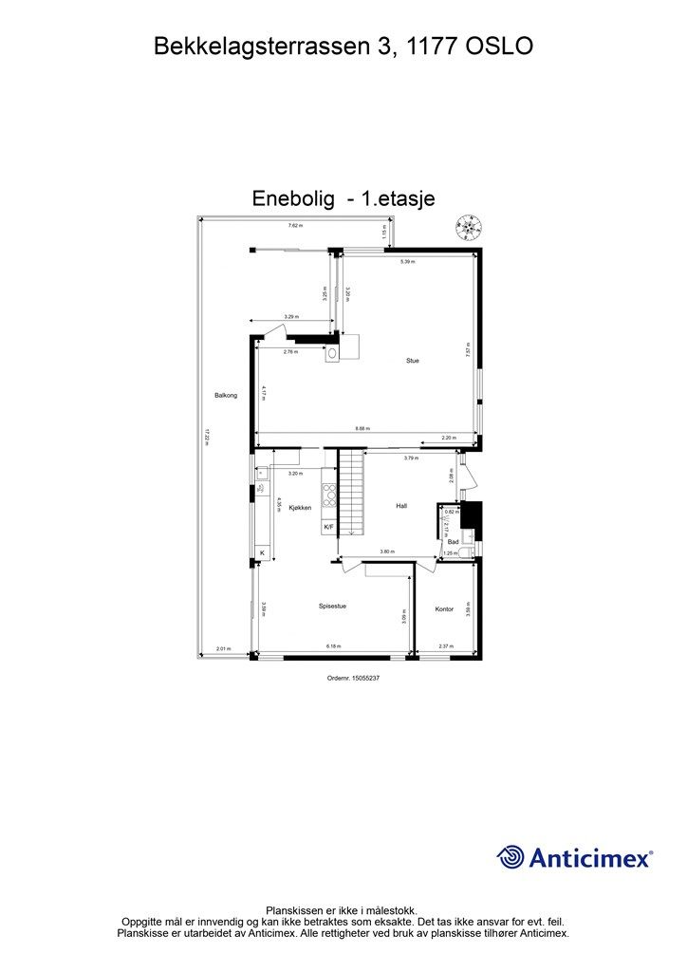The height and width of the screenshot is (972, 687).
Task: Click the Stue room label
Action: tap(412, 361)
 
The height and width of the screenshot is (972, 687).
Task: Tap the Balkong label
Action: tap(225, 395)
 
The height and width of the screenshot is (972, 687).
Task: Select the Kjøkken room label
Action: tap(300, 508)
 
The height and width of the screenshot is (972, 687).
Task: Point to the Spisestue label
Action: tap(332, 606)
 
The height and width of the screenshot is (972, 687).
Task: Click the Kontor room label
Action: tap(444, 608)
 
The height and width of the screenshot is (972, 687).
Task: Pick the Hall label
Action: tap(401, 506)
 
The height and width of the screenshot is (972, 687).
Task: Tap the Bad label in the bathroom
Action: tap(453, 541)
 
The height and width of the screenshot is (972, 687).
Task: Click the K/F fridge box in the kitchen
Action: tap(328, 527)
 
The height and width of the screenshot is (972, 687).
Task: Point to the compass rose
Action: tap(468, 226)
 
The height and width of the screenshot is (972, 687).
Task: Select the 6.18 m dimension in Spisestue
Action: tap(333, 646)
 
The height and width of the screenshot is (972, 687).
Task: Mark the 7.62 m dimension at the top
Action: tap(295, 225)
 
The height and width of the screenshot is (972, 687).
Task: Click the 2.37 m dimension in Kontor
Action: tap(445, 646)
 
